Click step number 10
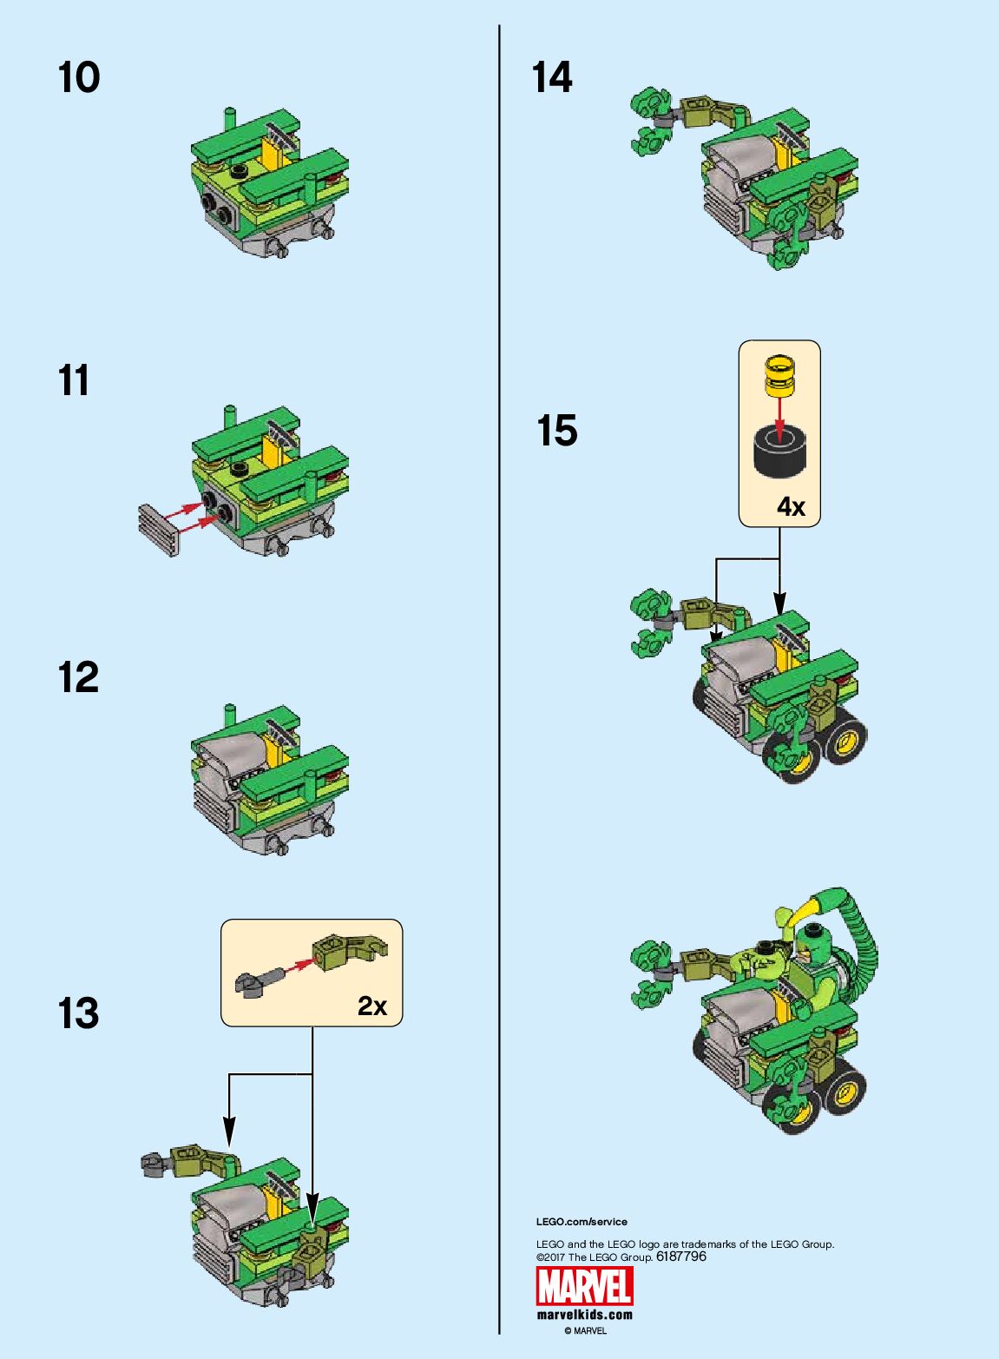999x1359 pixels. (x=79, y=77)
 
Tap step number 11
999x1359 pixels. (x=74, y=380)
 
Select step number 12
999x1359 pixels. (x=78, y=677)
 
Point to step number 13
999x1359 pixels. (x=78, y=1013)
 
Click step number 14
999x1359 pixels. (x=552, y=77)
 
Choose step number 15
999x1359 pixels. (x=557, y=431)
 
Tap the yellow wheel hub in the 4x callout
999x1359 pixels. (x=779, y=376)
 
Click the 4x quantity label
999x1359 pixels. (x=791, y=506)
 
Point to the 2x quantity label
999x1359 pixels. (x=371, y=1006)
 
